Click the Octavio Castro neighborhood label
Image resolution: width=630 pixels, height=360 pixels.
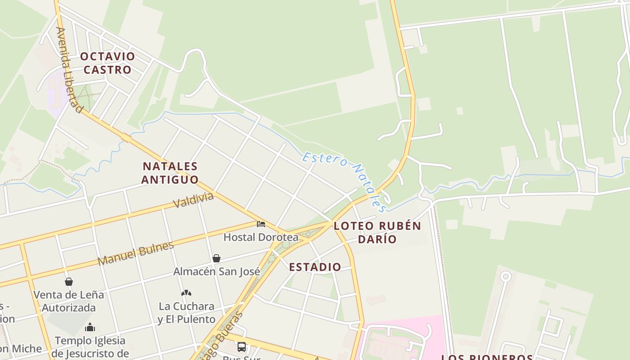(108, 63)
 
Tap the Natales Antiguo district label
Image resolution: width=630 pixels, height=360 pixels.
(170, 173)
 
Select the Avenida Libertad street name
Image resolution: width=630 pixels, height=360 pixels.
(69, 70)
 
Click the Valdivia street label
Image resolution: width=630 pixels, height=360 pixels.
(193, 200)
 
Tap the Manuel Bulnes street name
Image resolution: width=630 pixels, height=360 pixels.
(135, 253)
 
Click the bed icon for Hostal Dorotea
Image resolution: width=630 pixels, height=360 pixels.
(261, 224)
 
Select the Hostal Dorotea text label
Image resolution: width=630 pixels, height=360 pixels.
(261, 237)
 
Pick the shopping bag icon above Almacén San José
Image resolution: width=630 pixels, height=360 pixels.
(216, 258)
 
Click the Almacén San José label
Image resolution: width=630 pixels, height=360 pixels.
(216, 272)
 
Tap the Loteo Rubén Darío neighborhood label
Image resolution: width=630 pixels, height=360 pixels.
(377, 232)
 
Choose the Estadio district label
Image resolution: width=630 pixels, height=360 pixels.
(315, 267)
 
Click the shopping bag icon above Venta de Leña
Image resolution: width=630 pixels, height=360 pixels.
(69, 282)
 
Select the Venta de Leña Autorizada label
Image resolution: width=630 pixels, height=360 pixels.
(69, 301)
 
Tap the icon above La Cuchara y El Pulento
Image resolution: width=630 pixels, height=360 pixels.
(186, 293)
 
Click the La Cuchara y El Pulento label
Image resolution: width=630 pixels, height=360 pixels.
(186, 313)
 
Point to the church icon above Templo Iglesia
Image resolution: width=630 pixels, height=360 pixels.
(90, 327)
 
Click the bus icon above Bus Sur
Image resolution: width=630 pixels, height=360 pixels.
(242, 346)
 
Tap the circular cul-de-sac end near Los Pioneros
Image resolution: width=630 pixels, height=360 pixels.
(506, 276)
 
